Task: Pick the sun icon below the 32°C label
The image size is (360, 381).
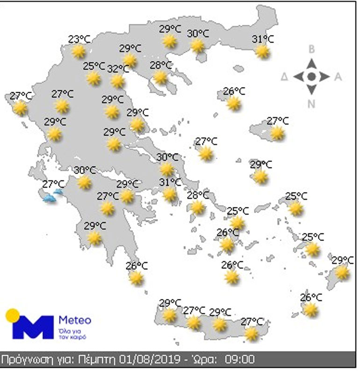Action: point(118,81)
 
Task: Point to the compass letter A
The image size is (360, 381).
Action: point(338,77)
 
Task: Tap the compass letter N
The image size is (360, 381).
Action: point(311,104)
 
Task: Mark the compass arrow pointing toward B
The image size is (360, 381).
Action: point(312,63)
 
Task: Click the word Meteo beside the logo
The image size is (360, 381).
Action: point(75,321)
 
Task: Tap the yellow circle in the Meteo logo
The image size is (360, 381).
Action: point(12,315)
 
